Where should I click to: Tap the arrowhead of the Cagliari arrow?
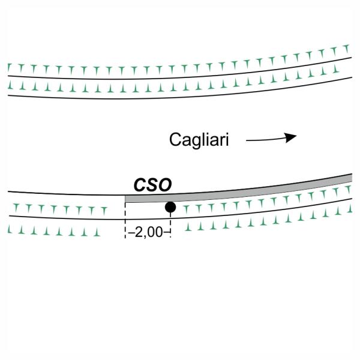click(x=292, y=137)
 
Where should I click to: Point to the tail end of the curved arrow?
click(x=248, y=142)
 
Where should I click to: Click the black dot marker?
click(x=170, y=208)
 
